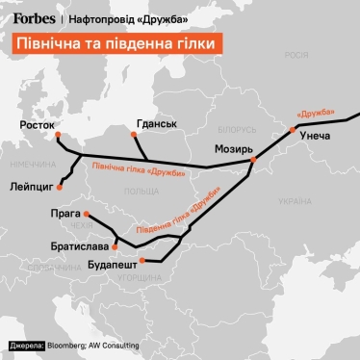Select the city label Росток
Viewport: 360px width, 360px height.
click(x=38, y=125)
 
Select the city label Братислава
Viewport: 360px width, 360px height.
click(x=81, y=245)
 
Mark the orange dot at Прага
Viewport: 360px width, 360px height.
click(x=86, y=214)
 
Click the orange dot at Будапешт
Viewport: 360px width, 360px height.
click(x=141, y=260)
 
